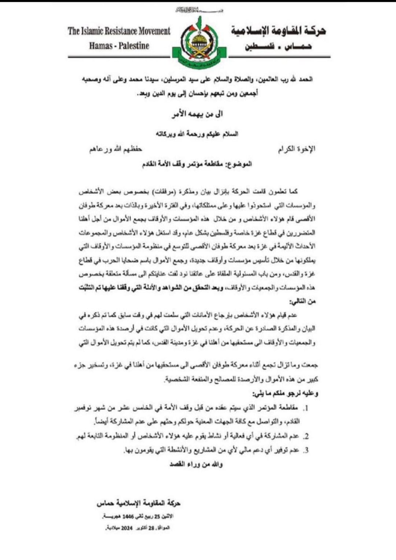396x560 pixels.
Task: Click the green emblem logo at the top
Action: [200, 43]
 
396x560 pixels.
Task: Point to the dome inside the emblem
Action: [200, 40]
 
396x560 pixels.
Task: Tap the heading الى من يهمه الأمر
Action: [197, 114]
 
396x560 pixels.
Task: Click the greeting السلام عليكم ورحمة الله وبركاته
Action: [197, 134]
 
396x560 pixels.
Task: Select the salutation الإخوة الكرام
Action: [297, 149]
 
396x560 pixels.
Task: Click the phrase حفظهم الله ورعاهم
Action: [115, 149]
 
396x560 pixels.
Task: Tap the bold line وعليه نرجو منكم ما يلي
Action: [285, 394]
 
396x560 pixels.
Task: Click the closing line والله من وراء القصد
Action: [196, 464]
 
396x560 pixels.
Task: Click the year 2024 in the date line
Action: [126, 528]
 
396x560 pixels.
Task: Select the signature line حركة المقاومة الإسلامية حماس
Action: [139, 503]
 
